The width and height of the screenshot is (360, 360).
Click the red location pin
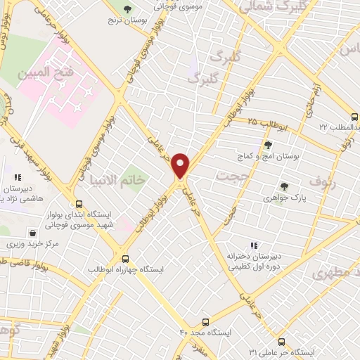click(181, 165)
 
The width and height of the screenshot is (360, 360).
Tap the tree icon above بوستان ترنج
click(127, 9)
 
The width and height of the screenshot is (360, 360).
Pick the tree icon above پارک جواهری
click(284, 186)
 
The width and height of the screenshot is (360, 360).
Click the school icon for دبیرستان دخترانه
click(254, 245)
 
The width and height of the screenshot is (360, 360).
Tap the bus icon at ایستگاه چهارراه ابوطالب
click(126, 258)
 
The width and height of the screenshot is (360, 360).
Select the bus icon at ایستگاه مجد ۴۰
click(205, 321)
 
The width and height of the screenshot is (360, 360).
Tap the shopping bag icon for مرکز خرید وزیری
click(32, 233)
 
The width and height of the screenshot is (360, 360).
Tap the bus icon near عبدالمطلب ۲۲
click(354, 117)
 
